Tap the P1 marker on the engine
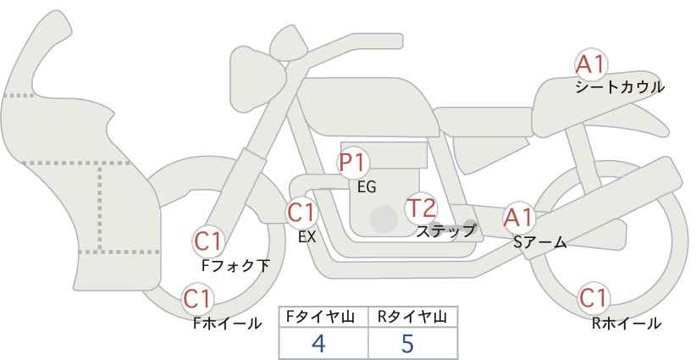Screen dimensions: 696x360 pos(353,163)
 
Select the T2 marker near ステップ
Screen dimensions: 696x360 pos(421,208)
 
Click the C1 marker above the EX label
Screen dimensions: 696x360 pos(301,213)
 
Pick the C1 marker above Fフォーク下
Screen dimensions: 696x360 pos(208,241)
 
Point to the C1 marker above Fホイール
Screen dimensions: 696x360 pos(197,299)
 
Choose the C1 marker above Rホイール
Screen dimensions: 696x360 pos(594,298)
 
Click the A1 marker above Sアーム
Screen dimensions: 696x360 pos(519,218)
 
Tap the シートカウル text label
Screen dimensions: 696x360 pos(620,87)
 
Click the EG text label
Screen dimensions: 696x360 pos(367,187)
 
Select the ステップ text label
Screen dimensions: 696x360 pos(446,231)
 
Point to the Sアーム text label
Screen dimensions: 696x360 pos(539,242)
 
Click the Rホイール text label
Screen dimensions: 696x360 pos(627,324)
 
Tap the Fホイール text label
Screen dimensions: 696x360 pos(227,324)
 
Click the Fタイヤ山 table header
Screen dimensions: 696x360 pos(320,317)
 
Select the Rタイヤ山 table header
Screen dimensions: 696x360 pos(412,317)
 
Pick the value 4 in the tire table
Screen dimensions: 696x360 pos(318,343)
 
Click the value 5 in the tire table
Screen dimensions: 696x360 pos(407,343)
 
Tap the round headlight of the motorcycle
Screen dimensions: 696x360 pos(257,73)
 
